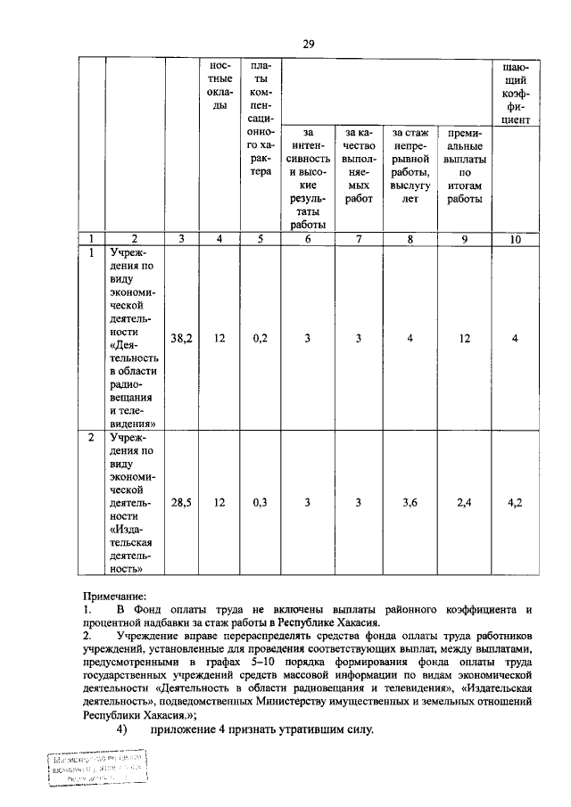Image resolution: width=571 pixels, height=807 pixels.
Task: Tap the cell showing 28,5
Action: coord(182,502)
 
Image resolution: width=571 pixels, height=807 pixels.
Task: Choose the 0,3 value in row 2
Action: coord(261,502)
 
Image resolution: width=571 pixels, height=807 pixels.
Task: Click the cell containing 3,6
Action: coord(410,502)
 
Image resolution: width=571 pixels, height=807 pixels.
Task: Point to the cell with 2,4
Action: coord(464,502)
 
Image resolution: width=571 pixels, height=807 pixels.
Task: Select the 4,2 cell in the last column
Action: coord(515,502)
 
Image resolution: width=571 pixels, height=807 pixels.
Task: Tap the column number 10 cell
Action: coord(515,239)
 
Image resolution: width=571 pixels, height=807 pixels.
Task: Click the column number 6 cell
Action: coord(308,239)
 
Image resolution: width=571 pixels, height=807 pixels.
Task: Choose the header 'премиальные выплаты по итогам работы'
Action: coord(464,165)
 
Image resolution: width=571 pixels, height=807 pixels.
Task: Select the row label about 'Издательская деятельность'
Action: coord(134,502)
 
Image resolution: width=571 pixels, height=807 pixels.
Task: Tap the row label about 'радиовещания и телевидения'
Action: coord(134,338)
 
